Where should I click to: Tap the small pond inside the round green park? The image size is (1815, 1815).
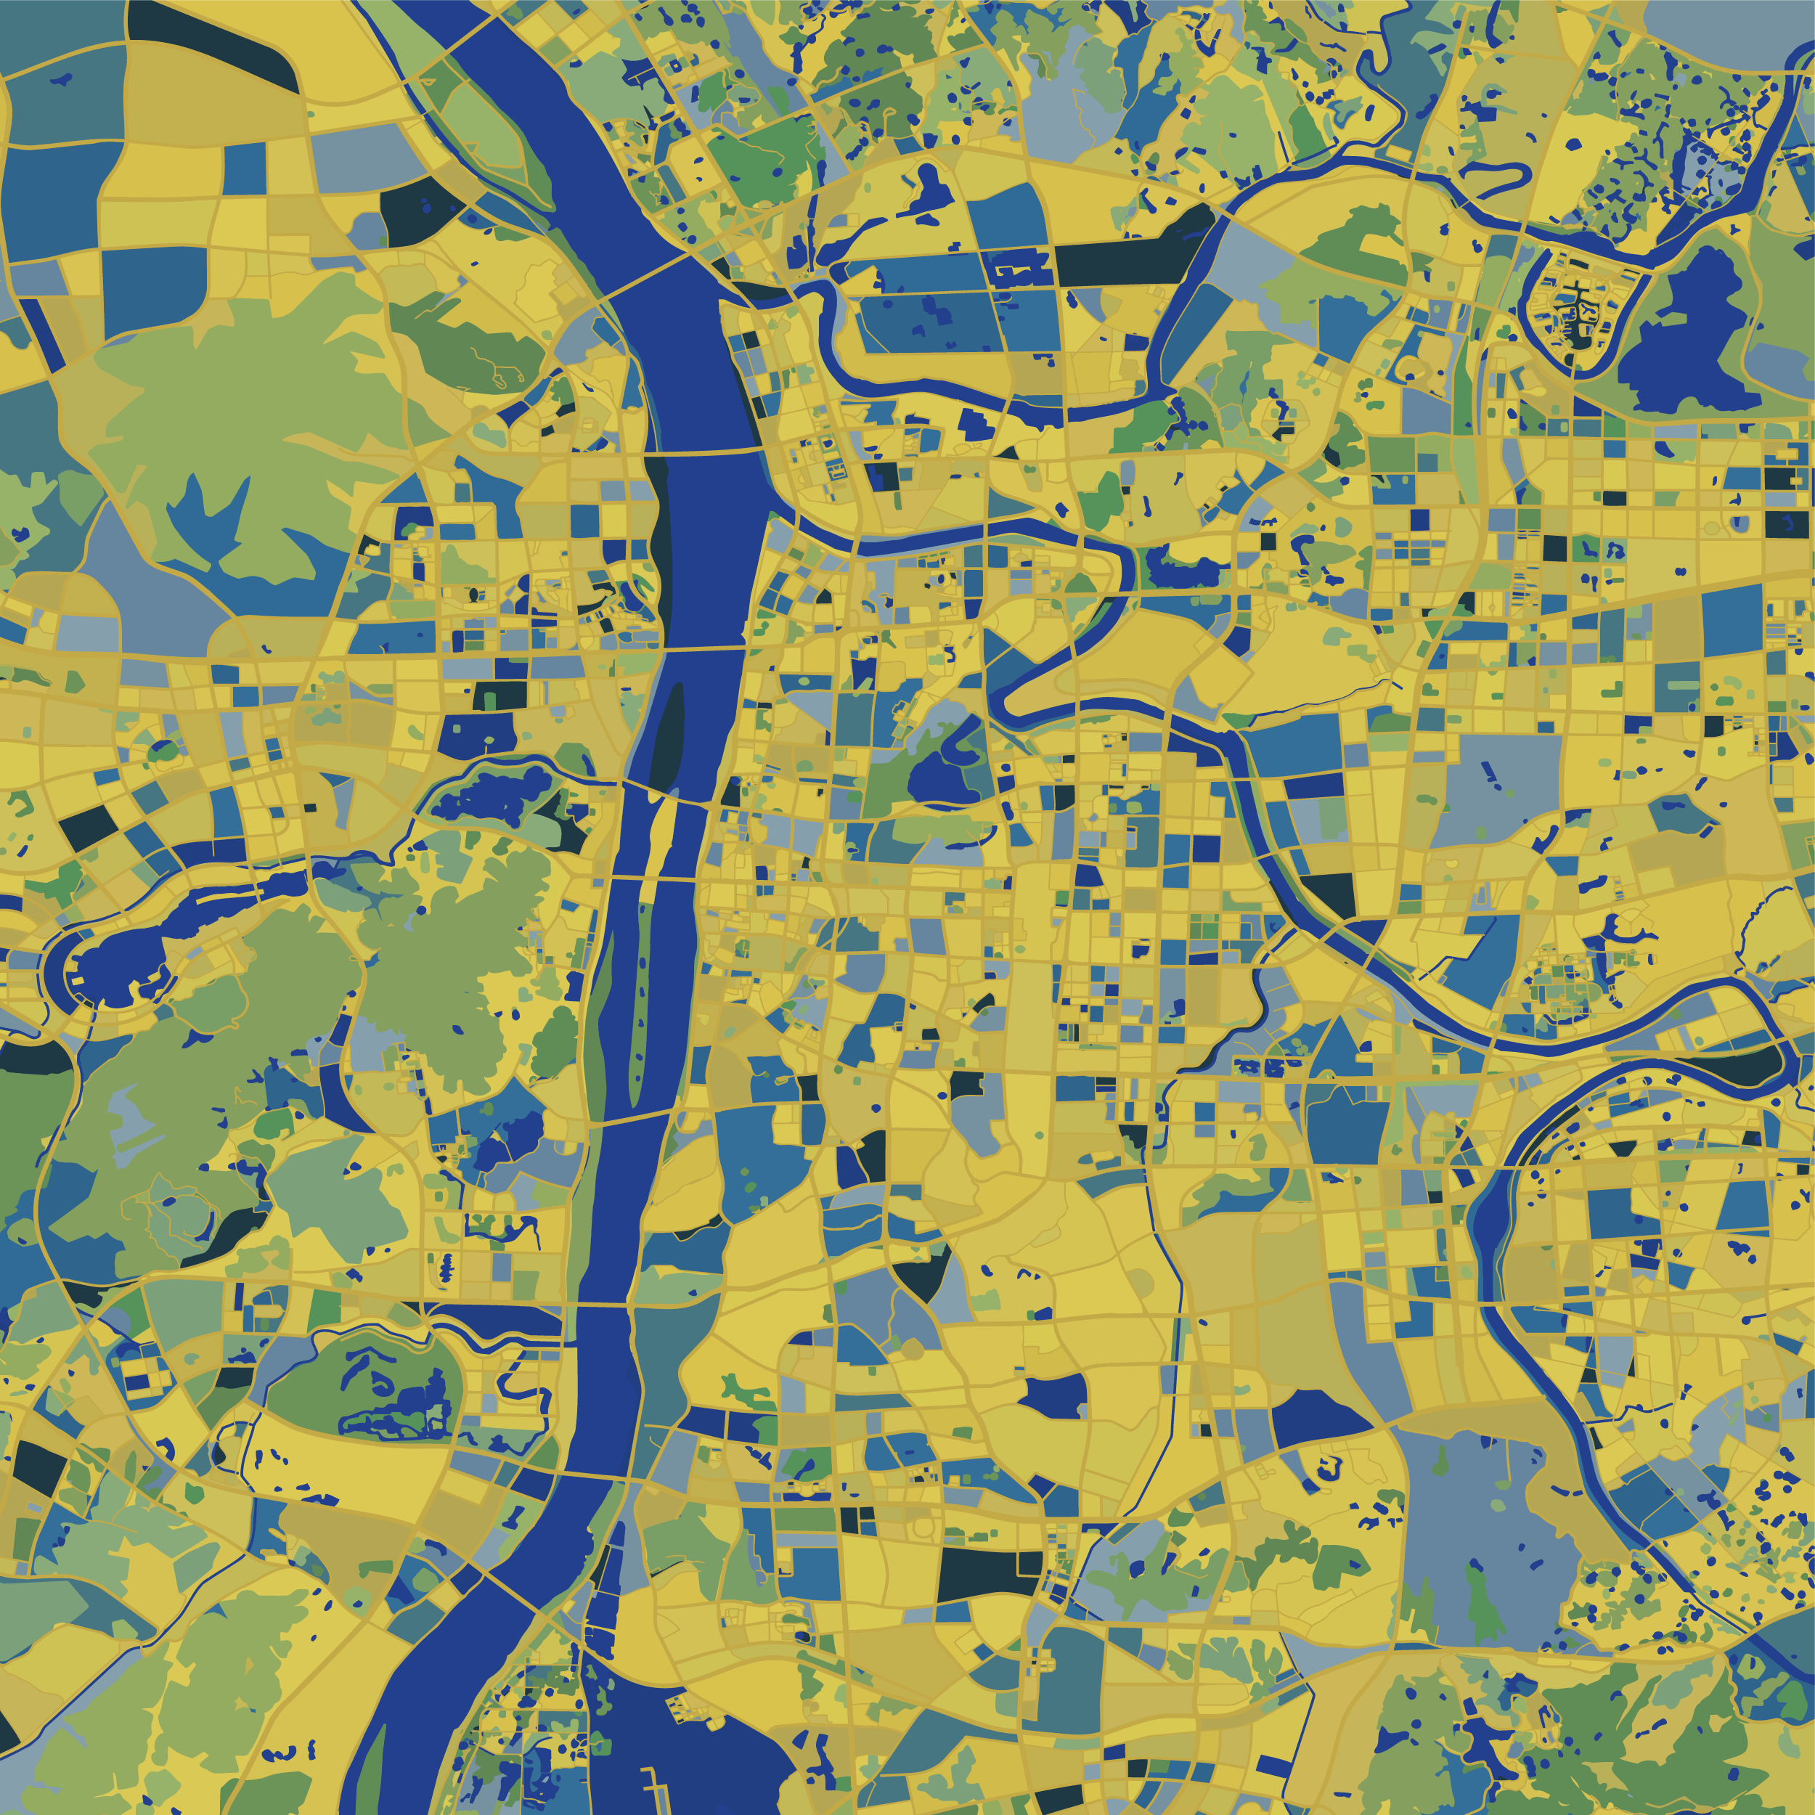pyautogui.click(x=163, y=751)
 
